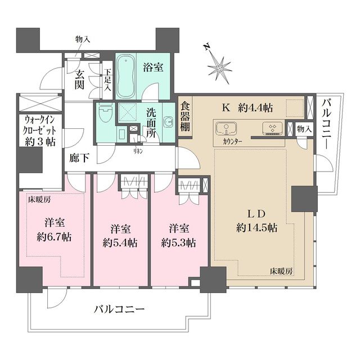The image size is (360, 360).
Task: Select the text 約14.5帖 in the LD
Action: point(256,228)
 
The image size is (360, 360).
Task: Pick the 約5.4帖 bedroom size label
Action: point(120,244)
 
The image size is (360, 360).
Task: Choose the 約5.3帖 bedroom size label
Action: point(178,244)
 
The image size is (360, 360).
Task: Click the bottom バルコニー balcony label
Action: point(119,309)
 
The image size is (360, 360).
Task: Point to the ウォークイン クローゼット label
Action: point(39,130)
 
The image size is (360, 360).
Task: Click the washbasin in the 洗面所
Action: point(167,123)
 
